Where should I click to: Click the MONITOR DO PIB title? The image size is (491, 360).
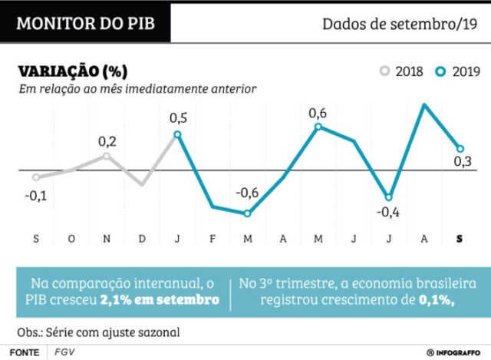pos(85,23)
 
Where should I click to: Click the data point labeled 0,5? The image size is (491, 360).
pos(178,134)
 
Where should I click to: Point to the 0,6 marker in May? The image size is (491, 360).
pos(318,127)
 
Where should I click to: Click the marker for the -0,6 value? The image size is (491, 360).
pos(247,213)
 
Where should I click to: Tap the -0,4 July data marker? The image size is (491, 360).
pos(389,197)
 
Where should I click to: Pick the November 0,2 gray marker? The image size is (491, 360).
pos(107,156)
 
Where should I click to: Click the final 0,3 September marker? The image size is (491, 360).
pos(460,149)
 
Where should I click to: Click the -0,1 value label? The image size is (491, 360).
pos(35,196)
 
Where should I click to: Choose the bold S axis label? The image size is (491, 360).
pos(460,239)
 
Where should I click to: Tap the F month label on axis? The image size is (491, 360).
pos(213,239)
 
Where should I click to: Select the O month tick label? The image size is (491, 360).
pos(71,239)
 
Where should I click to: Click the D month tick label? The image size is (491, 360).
pos(142,239)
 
